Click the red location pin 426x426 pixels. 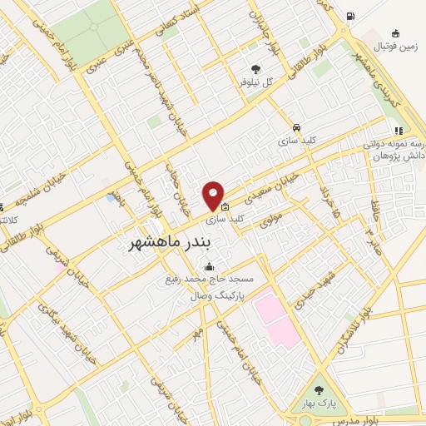tap(213, 196)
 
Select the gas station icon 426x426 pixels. tap(350, 16)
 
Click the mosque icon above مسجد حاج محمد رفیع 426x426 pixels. tap(208, 267)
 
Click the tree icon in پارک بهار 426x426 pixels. tap(319, 389)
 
